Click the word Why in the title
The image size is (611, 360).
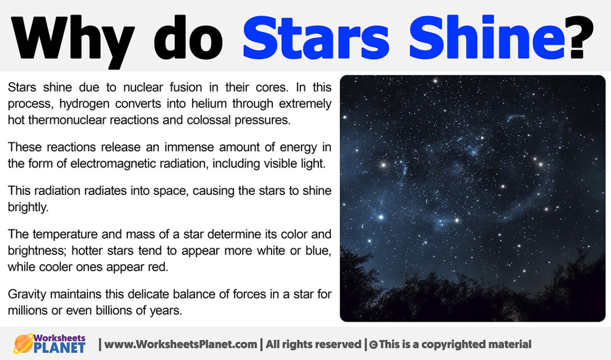71,37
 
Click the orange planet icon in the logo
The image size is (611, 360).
23,344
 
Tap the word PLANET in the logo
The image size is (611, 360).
60,348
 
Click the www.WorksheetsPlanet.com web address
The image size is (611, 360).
181,344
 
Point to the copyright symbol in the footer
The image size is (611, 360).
373,345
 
